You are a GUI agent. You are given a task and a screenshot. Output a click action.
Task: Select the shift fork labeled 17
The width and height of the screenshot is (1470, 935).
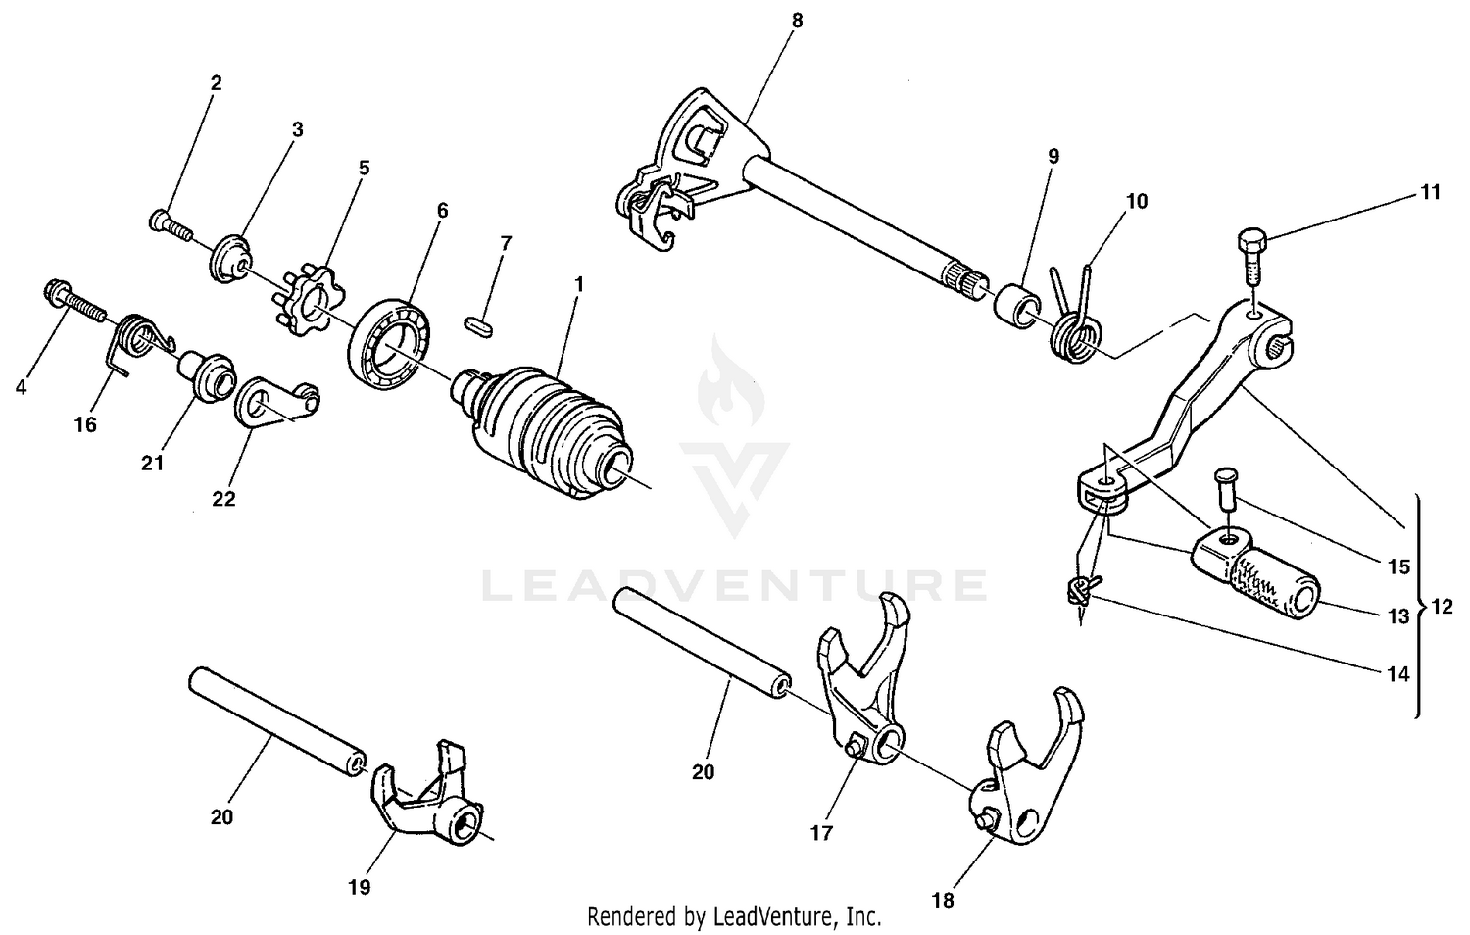pos(862,686)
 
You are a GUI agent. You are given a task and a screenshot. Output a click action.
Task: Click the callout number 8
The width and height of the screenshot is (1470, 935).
pos(797,19)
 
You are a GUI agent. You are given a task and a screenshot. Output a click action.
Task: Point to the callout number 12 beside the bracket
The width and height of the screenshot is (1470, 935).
pos(1442,608)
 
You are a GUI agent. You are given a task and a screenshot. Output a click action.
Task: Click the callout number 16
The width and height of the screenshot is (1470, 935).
pos(86,424)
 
